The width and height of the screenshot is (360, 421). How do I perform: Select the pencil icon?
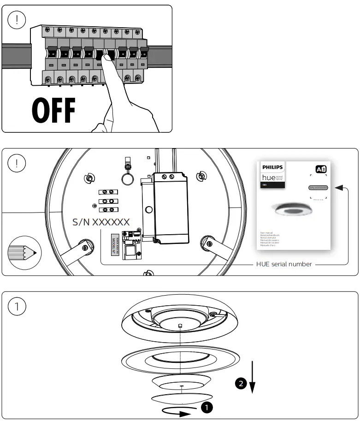[22, 252]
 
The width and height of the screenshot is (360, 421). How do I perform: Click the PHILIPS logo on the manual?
[273, 167]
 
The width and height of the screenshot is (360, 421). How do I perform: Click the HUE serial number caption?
[284, 264]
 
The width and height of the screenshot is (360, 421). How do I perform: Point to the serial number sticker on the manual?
[318, 188]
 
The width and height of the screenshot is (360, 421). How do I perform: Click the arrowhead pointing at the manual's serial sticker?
[339, 188]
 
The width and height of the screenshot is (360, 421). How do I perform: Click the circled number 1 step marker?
[17, 307]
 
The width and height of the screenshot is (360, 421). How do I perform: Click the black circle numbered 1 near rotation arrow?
[207, 407]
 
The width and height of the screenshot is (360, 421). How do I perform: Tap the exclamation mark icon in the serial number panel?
[17, 163]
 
